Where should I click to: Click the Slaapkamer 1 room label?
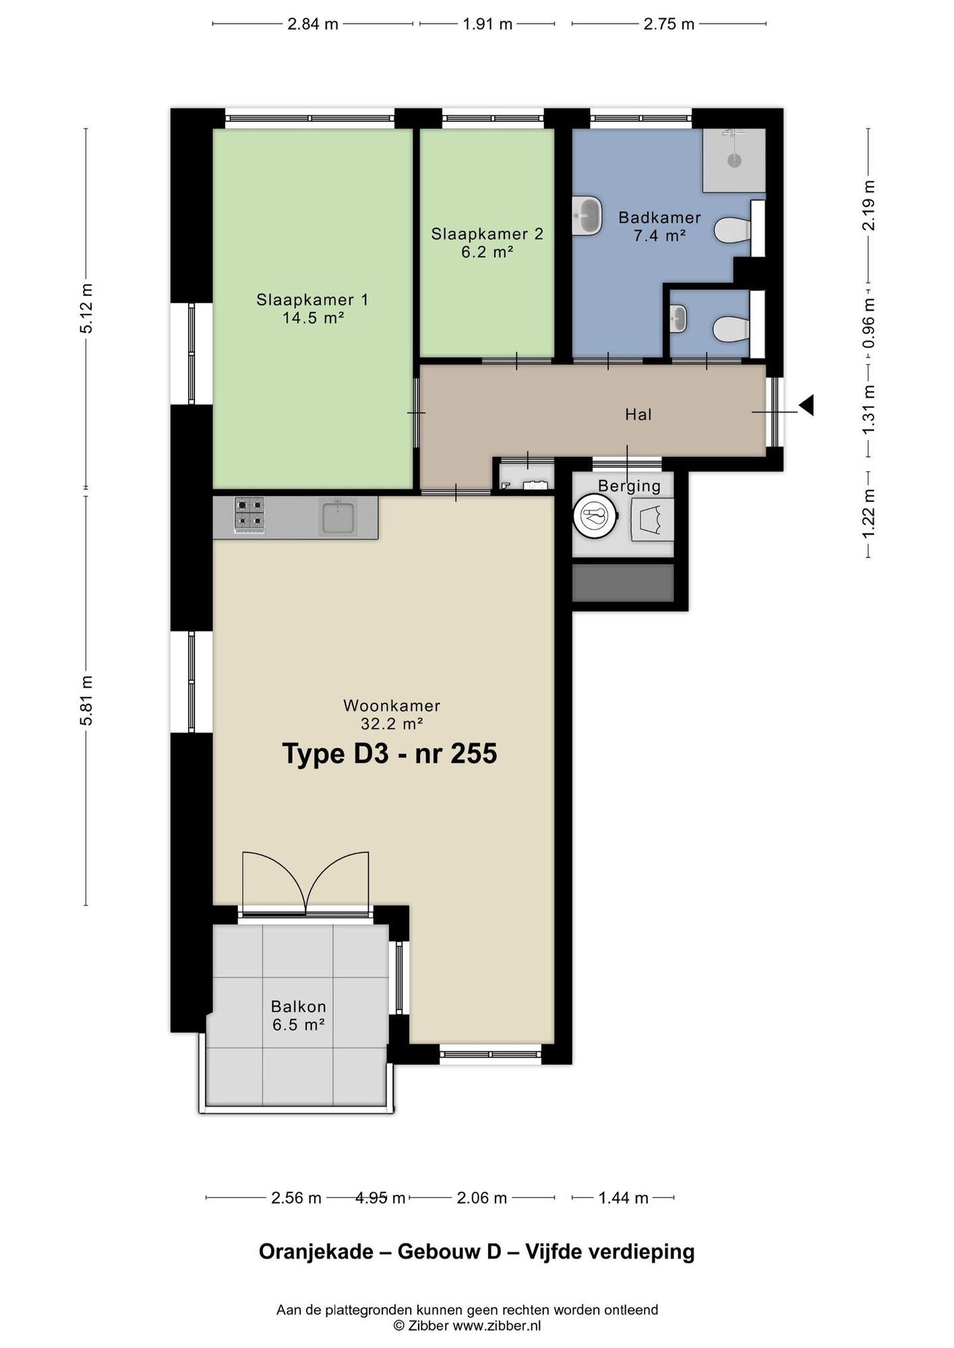point(312,308)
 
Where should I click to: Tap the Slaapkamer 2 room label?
point(487,243)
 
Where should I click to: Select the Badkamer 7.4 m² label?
point(659,226)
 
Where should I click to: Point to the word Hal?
point(638,414)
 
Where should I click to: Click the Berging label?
point(630,486)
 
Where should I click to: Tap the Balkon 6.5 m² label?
point(299,1016)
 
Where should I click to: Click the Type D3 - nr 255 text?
point(390,754)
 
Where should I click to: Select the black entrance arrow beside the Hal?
point(806,405)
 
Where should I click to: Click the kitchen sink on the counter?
point(338,517)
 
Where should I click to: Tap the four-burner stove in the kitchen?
point(249,515)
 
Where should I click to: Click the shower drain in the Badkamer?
point(734,160)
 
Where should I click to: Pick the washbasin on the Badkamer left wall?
point(587,216)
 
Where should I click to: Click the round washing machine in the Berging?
point(595,517)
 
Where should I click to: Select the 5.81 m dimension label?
point(86,700)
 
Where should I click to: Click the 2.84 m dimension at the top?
point(313,24)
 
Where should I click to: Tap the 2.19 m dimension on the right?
point(868,205)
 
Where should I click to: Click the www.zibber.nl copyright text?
point(497,1326)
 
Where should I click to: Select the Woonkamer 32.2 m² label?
point(392,714)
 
